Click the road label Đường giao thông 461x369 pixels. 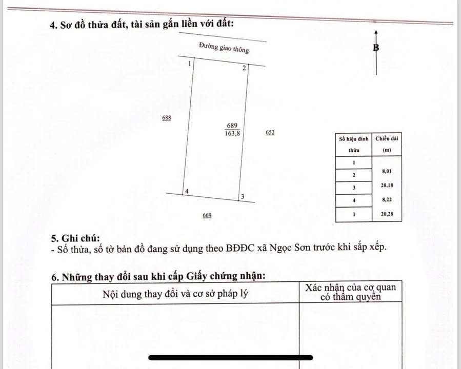pos(224,48)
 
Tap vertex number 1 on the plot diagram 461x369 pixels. pos(190,64)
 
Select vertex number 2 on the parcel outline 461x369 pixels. pos(244,68)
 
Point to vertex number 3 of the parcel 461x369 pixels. pos(242,197)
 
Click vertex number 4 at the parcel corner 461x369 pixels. pos(187,191)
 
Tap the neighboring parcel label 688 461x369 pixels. pos(166,118)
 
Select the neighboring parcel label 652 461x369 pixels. pos(270,132)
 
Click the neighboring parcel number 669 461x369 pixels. pos(207,215)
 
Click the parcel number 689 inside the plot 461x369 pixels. pos(232,126)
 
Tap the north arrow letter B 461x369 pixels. pos(376,48)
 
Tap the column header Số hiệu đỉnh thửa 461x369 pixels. pos(354,145)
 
